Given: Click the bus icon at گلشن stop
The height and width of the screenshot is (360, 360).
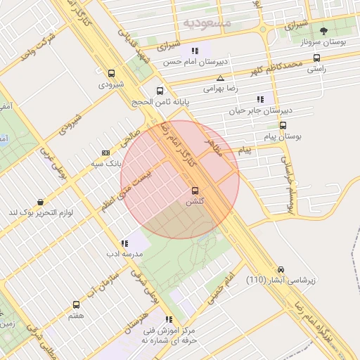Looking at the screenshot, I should [x=195, y=190].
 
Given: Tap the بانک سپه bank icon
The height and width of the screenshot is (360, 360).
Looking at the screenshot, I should [x=105, y=153].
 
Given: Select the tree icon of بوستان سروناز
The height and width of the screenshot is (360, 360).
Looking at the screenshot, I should [x=323, y=31].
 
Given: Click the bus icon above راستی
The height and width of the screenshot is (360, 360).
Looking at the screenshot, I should [x=316, y=58].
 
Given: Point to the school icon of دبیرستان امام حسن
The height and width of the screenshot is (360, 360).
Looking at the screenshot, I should [x=194, y=51].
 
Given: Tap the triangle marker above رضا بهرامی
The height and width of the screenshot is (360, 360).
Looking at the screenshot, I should [x=221, y=78].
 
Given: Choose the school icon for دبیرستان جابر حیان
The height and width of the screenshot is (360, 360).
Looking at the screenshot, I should [x=261, y=99].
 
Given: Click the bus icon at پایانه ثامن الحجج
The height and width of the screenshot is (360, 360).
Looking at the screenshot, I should [x=160, y=91].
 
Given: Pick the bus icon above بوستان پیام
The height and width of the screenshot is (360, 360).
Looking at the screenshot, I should [x=283, y=126].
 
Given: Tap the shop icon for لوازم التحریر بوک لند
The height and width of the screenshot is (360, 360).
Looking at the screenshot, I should [x=40, y=202].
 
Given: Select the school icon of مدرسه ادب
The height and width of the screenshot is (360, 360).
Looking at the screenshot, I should [x=124, y=243].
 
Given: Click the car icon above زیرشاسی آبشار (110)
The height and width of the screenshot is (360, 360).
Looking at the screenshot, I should [x=281, y=269].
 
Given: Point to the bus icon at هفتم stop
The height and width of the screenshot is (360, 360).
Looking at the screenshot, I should [x=76, y=305].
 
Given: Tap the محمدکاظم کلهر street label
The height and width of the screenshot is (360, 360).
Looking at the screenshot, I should [x=271, y=68].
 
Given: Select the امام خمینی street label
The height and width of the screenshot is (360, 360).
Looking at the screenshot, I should [x=219, y=289].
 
